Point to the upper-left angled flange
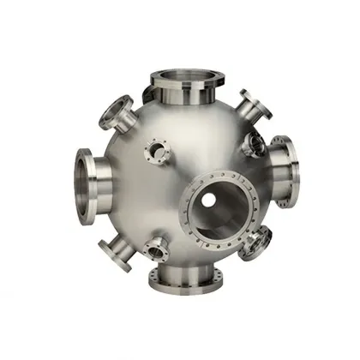(112, 111)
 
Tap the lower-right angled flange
(255, 244)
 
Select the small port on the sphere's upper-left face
(157, 152)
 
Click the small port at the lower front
(157, 249)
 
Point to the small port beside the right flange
(254, 145)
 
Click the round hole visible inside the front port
(207, 200)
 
